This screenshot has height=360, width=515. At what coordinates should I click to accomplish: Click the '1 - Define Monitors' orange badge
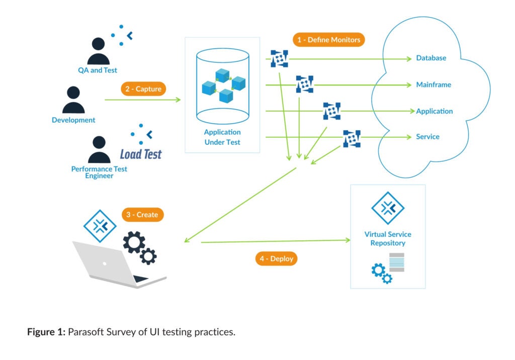[328, 40]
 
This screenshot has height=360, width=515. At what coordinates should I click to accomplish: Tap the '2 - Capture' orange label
[143, 89]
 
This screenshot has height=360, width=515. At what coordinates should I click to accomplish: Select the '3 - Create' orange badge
[142, 215]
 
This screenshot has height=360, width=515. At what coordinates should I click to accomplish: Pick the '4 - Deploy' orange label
[277, 259]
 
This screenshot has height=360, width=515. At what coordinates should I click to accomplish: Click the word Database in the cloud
[431, 58]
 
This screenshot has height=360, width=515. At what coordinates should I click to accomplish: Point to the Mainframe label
[434, 85]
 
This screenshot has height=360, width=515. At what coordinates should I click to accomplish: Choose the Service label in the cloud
[427, 137]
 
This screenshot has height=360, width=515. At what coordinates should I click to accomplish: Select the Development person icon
[73, 101]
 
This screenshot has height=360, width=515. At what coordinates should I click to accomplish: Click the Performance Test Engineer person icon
[99, 150]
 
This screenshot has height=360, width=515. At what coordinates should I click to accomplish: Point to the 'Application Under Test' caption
[222, 137]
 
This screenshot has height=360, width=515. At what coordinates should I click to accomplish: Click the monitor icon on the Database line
[279, 59]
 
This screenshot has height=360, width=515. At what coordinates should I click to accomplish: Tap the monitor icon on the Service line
[352, 138]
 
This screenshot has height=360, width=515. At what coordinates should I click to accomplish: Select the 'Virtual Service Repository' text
[388, 239]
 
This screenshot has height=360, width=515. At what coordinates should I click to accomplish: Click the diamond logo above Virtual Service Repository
[388, 208]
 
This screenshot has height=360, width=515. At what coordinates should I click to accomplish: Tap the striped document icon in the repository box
[397, 263]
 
